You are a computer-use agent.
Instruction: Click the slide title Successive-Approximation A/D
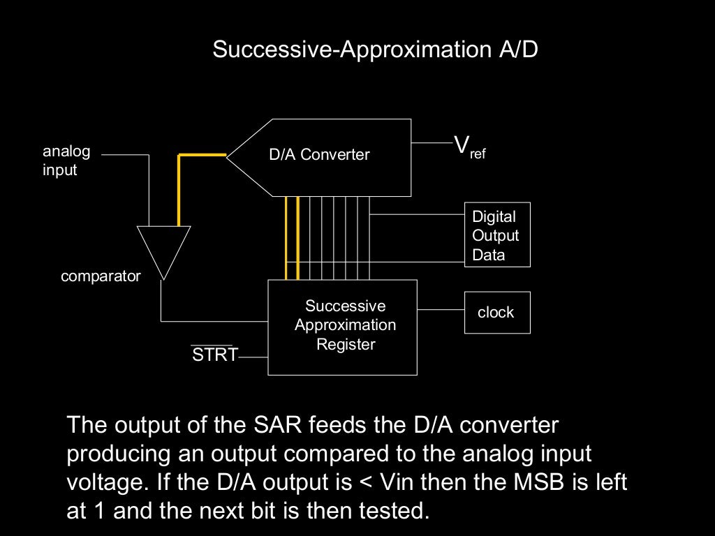[375, 50]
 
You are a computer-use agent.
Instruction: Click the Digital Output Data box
[497, 235]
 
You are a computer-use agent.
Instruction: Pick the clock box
[497, 313]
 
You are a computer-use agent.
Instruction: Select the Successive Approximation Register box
[343, 327]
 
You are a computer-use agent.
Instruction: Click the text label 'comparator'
[101, 276]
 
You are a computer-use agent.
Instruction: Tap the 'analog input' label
[66, 161]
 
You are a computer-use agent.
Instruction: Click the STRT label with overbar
[214, 355]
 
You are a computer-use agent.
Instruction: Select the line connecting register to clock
[441, 309]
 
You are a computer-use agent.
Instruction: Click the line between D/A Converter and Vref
[432, 142]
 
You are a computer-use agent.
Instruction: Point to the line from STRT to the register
[253, 357]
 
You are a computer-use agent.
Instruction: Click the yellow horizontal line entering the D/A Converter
[202, 154]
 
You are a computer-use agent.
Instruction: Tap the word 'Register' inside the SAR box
[346, 344]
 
